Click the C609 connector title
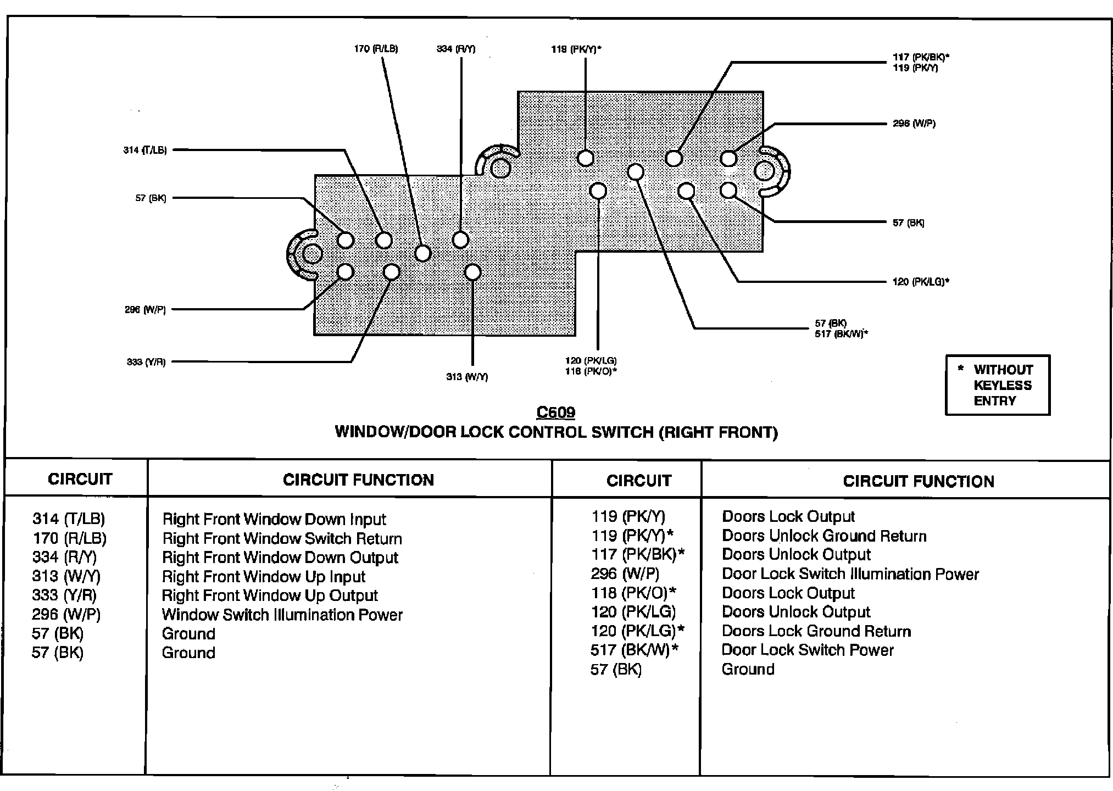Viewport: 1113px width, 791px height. (x=555, y=413)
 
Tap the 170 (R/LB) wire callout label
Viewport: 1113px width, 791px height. (x=376, y=49)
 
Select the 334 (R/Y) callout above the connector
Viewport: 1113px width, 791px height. (x=456, y=49)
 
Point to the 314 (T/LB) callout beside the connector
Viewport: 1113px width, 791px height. (x=145, y=150)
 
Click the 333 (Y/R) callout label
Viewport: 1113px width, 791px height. (x=146, y=362)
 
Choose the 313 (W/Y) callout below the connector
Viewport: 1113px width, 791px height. (x=467, y=377)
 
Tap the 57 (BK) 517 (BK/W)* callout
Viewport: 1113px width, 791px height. (x=841, y=328)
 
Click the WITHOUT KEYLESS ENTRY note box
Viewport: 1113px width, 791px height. (x=997, y=385)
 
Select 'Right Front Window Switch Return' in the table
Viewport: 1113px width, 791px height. (x=282, y=538)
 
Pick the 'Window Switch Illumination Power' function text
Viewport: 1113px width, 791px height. (x=282, y=615)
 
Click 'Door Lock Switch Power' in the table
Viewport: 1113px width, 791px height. (x=808, y=650)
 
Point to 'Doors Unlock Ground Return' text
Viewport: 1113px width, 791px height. (x=824, y=536)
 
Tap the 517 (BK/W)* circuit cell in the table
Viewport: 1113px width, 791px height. (x=635, y=650)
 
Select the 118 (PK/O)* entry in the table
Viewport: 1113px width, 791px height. (x=633, y=593)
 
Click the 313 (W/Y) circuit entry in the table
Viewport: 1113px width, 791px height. (x=66, y=576)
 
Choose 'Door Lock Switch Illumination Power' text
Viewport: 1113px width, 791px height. (x=850, y=574)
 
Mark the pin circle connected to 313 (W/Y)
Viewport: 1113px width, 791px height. (x=472, y=272)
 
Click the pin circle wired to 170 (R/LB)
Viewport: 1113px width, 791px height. (x=422, y=253)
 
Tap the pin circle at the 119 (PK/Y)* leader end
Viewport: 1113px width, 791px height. (x=586, y=158)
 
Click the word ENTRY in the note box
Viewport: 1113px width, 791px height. (x=995, y=401)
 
